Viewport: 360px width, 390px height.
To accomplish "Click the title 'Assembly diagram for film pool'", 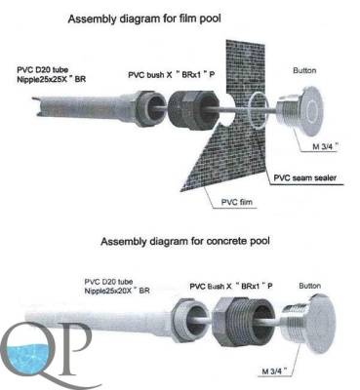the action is point(144,19).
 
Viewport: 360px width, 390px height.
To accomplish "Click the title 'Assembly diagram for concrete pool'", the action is point(185,242).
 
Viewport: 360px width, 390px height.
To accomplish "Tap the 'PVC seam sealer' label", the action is point(304,177).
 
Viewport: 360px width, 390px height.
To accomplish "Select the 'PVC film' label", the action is point(237,202).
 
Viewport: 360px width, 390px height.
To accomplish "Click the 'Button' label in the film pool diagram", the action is point(304,70).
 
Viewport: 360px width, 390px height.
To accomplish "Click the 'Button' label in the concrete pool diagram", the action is point(309,286).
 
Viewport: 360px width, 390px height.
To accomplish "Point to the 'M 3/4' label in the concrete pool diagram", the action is point(275,371).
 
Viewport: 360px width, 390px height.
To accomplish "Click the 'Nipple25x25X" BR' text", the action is point(52,79).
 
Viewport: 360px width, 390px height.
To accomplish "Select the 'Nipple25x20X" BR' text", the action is point(117,291).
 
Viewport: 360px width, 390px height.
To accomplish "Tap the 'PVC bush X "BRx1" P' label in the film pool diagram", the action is point(172,75).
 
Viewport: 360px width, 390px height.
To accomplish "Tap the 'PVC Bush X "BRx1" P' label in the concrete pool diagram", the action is point(231,287).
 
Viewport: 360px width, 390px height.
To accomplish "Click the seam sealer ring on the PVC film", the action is point(259,110).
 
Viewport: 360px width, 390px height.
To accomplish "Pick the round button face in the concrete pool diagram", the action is point(321,325).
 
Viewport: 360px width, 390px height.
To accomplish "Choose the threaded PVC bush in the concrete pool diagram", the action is point(243,323).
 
